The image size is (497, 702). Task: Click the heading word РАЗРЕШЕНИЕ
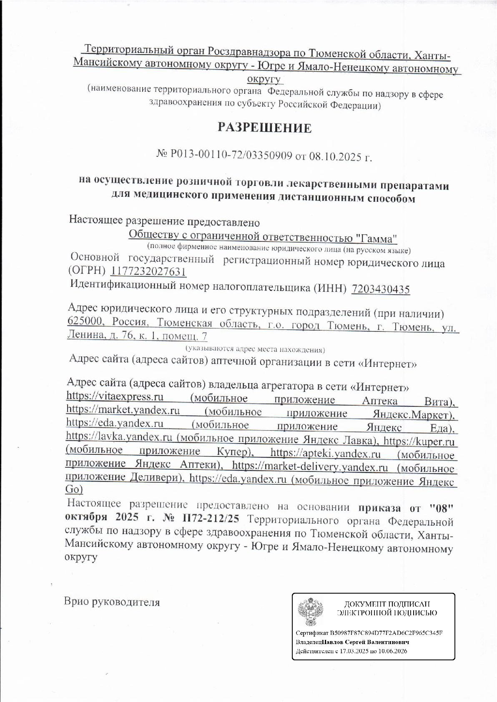pos(264,128)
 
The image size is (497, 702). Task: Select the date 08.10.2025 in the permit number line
pos(335,157)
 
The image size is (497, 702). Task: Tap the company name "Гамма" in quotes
pos(377,238)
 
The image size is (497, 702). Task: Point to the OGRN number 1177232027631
pos(148,272)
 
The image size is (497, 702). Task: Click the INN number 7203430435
pos(381,289)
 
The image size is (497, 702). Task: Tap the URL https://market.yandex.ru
pos(123,410)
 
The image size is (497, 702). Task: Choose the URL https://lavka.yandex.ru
pos(119,437)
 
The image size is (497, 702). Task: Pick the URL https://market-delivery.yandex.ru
pos(310,467)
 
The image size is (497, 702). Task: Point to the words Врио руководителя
pos(112,602)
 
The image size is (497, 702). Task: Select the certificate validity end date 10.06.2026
pos(393,651)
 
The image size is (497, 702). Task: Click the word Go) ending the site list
pos(74,489)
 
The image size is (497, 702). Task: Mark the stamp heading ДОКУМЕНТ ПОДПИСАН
pos(387,604)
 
